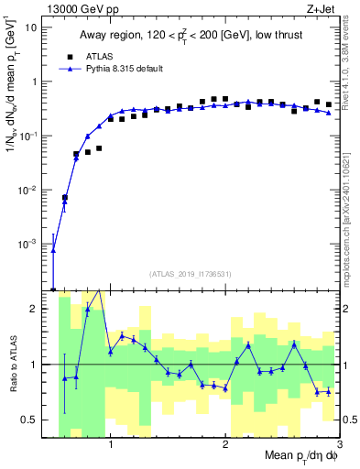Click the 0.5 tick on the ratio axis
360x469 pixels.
(x=33, y=420)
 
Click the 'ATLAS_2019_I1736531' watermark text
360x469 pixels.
(x=193, y=274)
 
